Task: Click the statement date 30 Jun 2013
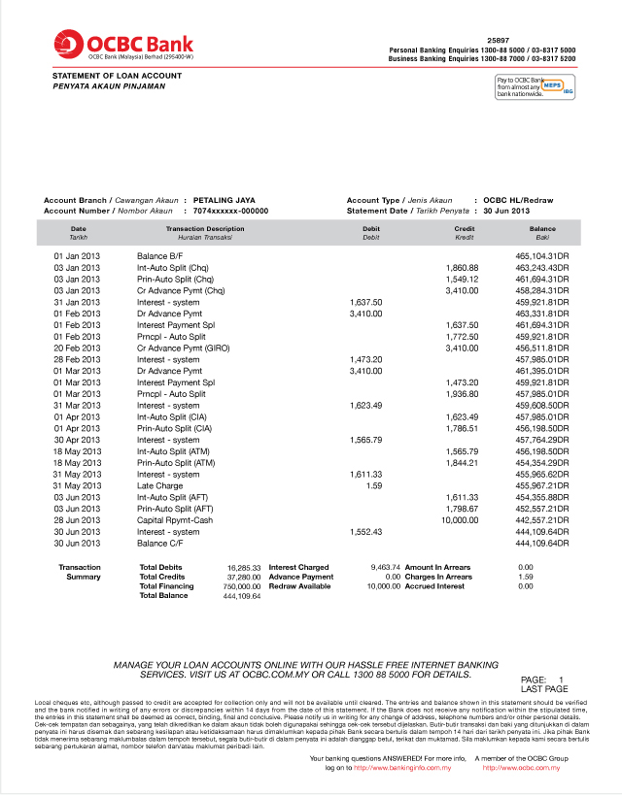coord(506,211)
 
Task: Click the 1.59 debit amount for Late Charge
coord(373,485)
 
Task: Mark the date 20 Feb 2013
coord(77,348)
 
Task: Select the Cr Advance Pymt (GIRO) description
coord(183,348)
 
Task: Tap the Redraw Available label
coord(300,586)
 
